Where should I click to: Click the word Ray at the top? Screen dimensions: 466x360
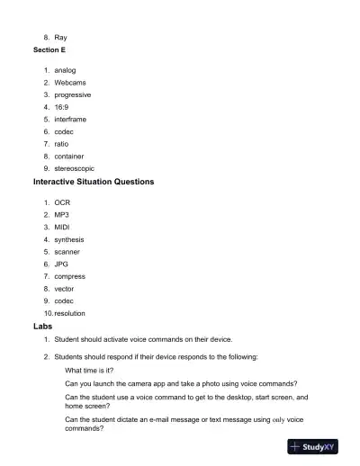pos(60,38)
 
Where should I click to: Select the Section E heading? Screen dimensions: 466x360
pos(50,50)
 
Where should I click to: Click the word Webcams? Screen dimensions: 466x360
pos(70,82)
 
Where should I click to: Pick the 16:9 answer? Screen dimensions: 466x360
pos(62,107)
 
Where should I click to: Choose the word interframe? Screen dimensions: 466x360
pos(71,119)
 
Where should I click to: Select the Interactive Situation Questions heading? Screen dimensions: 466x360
pos(94,182)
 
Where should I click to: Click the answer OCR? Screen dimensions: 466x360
pos(62,203)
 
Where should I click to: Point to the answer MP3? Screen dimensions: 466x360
pos(61,216)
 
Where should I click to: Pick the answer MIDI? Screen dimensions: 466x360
pos(62,228)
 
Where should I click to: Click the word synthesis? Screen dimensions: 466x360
pos(69,240)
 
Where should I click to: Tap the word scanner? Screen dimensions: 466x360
pos(67,252)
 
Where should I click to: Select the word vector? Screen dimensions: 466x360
pos(65,289)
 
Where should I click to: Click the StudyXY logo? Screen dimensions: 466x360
pos(319,446)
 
